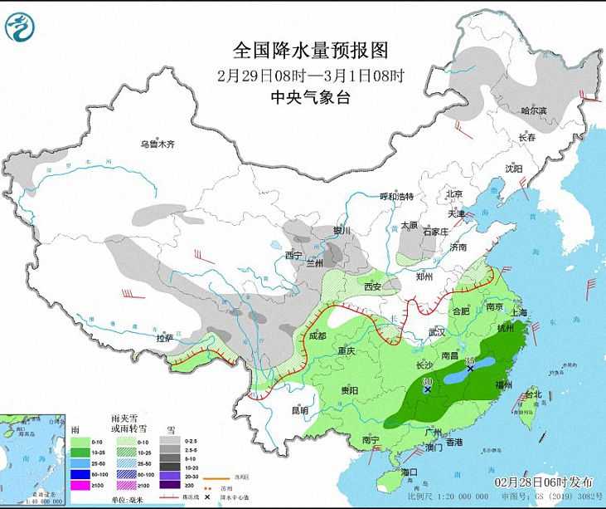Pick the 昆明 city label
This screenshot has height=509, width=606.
299,409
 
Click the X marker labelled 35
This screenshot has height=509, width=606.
470,367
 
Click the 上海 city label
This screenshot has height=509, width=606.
521,312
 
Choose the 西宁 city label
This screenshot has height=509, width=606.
294,255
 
